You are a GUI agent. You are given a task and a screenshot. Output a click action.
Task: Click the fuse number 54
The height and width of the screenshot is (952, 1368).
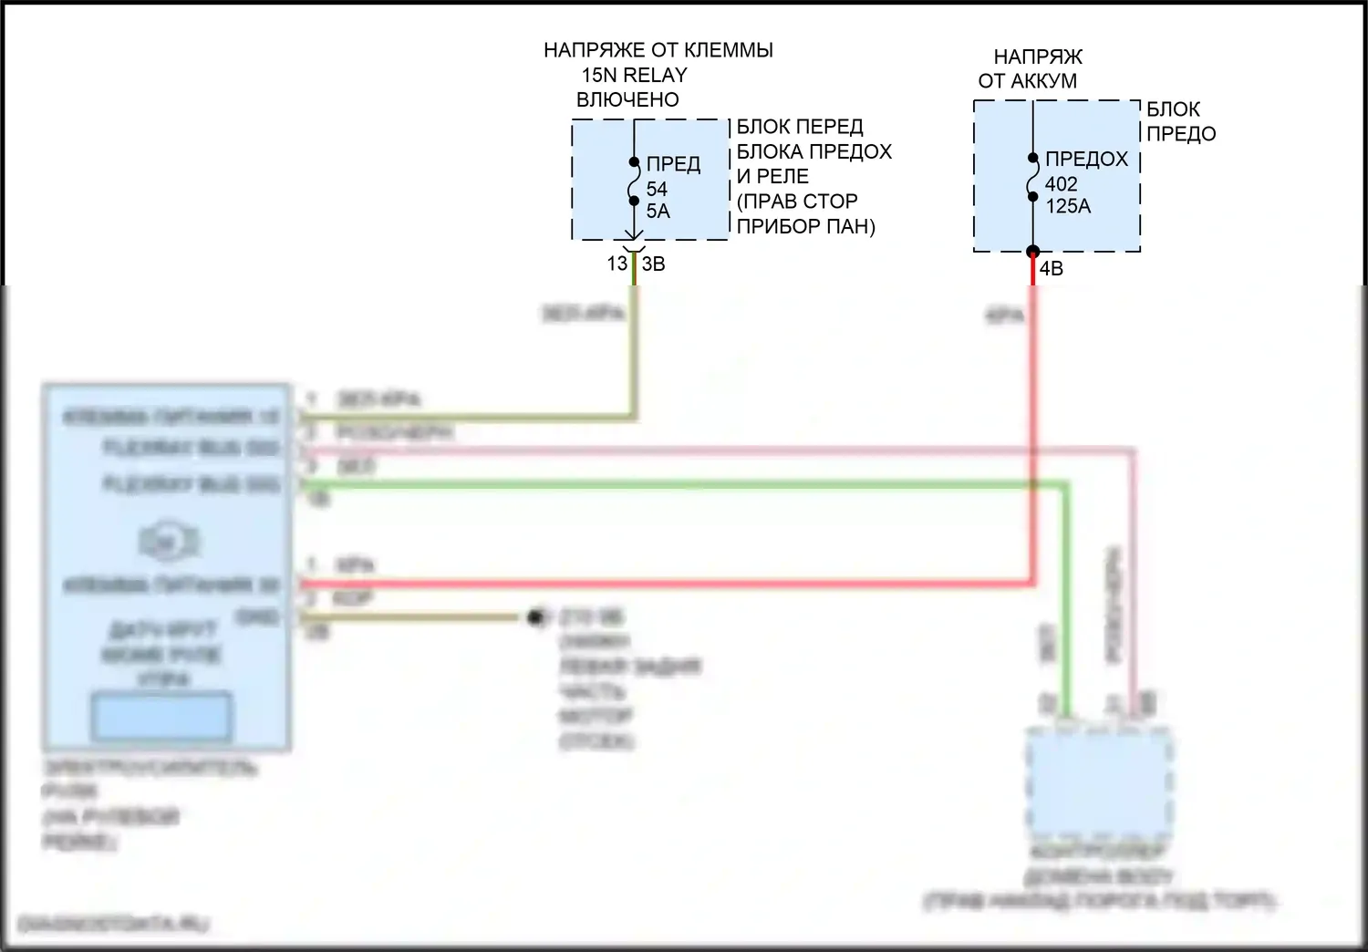pyautogui.click(x=657, y=189)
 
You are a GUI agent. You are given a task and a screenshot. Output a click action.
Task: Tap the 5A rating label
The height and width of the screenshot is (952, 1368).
pyautogui.click(x=658, y=212)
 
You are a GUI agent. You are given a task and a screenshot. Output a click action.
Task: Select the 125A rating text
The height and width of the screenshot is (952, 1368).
pyautogui.click(x=1068, y=207)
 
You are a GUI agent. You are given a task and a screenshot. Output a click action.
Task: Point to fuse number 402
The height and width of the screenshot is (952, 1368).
pyautogui.click(x=1062, y=184)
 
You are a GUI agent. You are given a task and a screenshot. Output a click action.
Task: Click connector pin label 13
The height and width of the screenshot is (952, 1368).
pyautogui.click(x=617, y=264)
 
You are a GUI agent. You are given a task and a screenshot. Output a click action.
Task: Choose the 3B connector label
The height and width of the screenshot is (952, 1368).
pyautogui.click(x=654, y=264)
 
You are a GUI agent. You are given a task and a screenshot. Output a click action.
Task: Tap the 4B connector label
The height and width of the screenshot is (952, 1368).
pyautogui.click(x=1052, y=269)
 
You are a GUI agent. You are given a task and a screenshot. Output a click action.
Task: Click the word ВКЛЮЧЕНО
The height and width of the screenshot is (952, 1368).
pyautogui.click(x=627, y=100)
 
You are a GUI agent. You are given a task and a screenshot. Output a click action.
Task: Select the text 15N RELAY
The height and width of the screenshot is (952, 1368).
pyautogui.click(x=634, y=76)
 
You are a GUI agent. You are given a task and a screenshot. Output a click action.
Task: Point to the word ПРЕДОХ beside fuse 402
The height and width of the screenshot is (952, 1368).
pyautogui.click(x=1086, y=160)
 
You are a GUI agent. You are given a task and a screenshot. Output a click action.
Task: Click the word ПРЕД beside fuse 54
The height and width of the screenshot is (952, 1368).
pyautogui.click(x=673, y=164)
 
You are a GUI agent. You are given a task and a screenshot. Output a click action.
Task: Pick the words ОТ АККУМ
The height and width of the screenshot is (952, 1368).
pyautogui.click(x=1027, y=81)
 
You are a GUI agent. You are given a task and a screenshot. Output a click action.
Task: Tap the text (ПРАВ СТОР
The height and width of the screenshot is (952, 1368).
pyautogui.click(x=797, y=202)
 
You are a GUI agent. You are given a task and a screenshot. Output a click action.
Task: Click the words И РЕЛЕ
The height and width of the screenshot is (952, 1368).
pyautogui.click(x=772, y=177)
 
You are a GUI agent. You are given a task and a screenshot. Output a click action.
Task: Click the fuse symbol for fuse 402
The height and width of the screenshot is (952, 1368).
pyautogui.click(x=1032, y=177)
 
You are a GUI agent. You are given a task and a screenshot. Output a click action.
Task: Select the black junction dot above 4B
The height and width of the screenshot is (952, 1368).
pyautogui.click(x=1032, y=252)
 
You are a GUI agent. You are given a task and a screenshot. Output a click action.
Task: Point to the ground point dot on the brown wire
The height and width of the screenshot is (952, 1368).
pyautogui.click(x=535, y=618)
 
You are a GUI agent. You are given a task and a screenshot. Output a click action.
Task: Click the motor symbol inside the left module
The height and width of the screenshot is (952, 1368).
pyautogui.click(x=169, y=543)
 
